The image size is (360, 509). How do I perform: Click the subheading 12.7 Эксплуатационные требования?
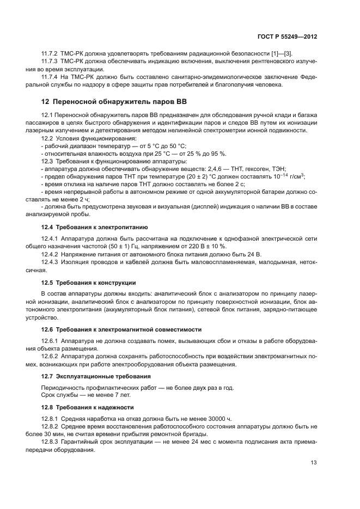click(96, 376)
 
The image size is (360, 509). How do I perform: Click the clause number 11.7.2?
click(51, 52)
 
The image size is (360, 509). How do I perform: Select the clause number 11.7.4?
click(51, 77)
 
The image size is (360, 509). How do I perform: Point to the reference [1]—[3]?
click(285, 52)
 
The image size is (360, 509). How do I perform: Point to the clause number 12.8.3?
click(51, 443)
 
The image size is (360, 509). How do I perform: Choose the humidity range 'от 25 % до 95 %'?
click(199, 154)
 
